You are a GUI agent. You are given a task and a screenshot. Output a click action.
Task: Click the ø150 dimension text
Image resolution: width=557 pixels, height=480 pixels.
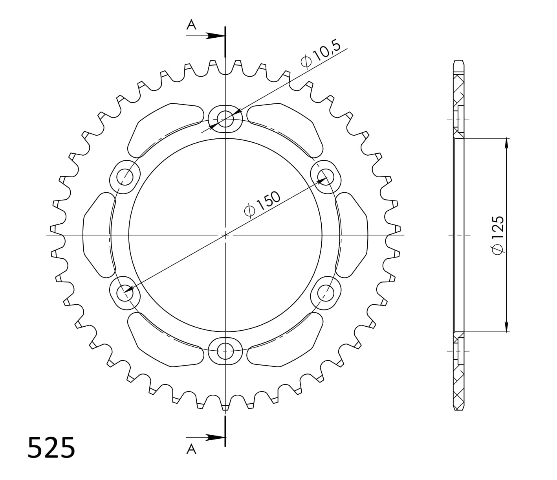(262, 204)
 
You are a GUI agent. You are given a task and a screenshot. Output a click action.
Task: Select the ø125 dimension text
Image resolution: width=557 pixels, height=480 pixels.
(497, 235)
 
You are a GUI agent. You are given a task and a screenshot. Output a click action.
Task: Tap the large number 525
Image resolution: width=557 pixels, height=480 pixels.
(51, 447)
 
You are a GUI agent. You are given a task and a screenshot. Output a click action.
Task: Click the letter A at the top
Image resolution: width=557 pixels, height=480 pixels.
(191, 25)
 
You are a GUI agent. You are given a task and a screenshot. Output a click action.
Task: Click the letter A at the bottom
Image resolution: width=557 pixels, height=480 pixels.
(191, 449)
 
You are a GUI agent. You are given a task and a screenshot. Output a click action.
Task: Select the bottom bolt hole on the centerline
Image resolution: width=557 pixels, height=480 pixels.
(225, 349)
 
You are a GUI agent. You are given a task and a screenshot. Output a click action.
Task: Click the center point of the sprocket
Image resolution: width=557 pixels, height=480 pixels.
(225, 235)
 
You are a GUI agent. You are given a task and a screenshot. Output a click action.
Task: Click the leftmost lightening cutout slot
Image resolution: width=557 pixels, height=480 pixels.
(96, 235)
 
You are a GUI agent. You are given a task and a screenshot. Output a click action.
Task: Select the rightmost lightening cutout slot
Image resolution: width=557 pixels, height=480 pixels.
(354, 235)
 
